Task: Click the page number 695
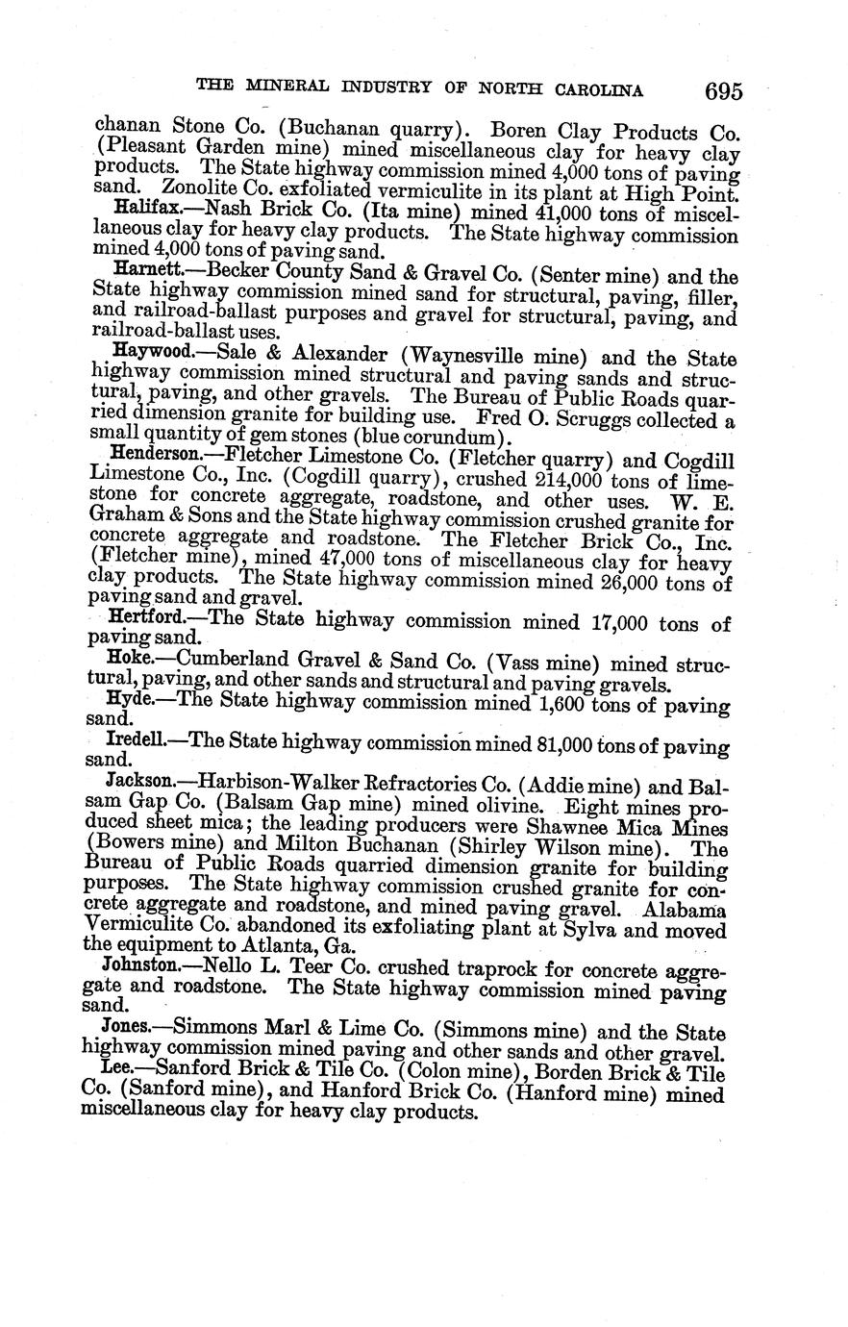723,91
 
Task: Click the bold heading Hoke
130,664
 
